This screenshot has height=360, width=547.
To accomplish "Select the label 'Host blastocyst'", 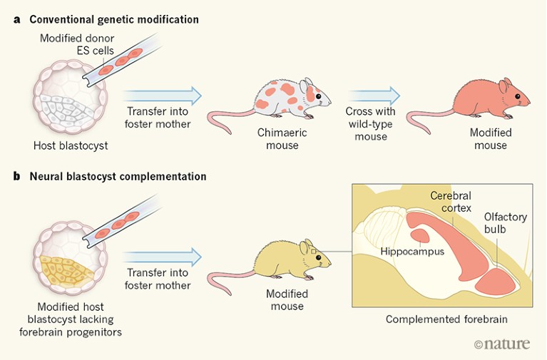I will click(69, 146).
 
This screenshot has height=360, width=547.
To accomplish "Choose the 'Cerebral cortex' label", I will click(451, 202).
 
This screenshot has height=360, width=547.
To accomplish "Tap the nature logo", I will click(502, 344).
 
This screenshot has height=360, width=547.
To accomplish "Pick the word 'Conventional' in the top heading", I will click(58, 19).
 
